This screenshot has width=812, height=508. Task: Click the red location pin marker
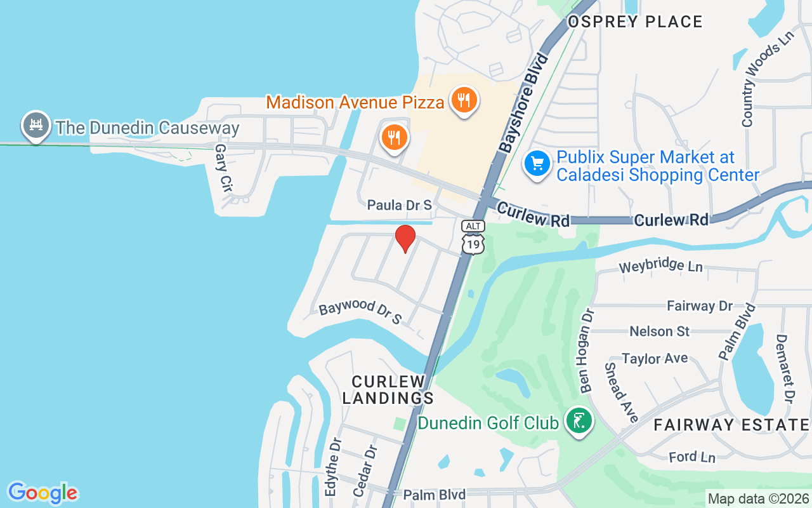[405, 238]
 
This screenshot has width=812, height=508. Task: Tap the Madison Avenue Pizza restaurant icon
[464, 100]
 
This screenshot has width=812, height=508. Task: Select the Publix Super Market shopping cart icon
[537, 164]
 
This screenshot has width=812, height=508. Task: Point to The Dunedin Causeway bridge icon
[36, 126]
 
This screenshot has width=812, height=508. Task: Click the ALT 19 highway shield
[473, 237]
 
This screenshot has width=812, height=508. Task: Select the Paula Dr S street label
[400, 205]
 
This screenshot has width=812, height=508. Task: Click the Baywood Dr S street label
[360, 312]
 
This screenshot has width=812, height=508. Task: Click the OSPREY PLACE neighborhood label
[635, 22]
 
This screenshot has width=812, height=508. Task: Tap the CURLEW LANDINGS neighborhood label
[389, 390]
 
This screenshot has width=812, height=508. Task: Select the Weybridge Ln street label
[660, 265]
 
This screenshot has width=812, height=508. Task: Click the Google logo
[43, 493]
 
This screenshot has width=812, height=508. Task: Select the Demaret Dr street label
[785, 369]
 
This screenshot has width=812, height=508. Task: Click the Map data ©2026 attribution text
[759, 499]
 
